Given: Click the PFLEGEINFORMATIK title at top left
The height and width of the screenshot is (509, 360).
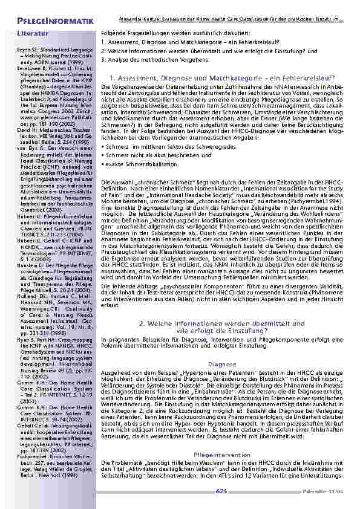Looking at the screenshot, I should [47, 22].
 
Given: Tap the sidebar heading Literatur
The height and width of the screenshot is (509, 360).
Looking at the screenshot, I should [33, 34].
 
